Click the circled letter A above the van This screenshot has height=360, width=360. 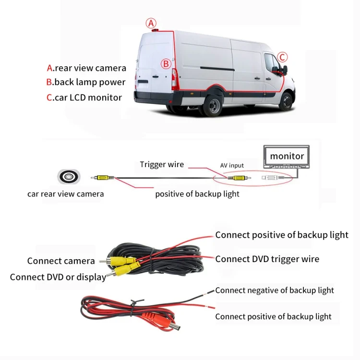click(x=151, y=23)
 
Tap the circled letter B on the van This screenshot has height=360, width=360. click(x=166, y=64)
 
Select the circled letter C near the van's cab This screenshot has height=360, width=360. click(x=282, y=57)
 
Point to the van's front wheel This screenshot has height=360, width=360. click(x=286, y=101)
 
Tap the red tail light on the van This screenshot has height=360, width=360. click(x=175, y=79)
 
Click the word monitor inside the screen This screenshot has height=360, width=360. click(x=287, y=156)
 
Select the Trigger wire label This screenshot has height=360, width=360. click(x=162, y=164)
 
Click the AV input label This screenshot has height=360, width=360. click(x=232, y=166)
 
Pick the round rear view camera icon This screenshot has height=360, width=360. click(x=69, y=177)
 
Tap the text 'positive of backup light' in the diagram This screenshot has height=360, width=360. click(x=197, y=194)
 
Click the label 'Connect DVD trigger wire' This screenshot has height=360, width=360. click(x=267, y=259)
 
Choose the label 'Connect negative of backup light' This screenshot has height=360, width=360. click(x=275, y=290)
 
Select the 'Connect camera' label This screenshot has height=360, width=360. click(x=61, y=261)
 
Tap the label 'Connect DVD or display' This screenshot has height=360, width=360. click(x=58, y=277)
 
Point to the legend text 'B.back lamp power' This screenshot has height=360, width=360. click(x=86, y=82)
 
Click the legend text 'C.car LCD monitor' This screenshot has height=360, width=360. click(x=84, y=97)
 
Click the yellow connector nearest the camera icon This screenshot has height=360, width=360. click(x=103, y=178)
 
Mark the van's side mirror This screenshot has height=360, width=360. click(x=285, y=70)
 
